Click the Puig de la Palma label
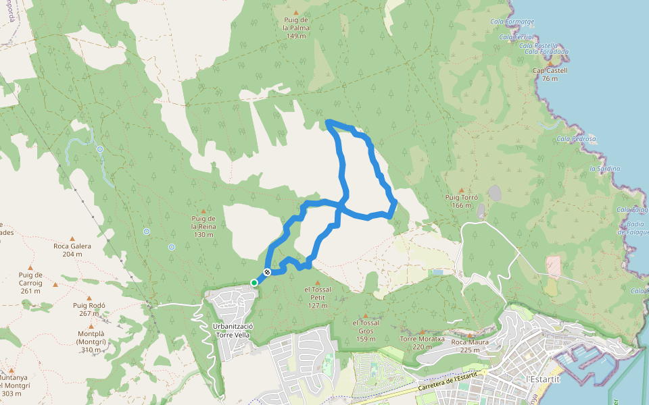(x=296, y=28)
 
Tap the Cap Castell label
(x=550, y=74)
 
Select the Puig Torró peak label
(x=462, y=201)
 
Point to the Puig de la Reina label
(x=203, y=226)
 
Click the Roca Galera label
(x=72, y=250)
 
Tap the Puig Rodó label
(x=90, y=309)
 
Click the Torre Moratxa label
(x=422, y=343)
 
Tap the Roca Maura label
(x=470, y=346)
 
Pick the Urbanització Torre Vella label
(x=233, y=331)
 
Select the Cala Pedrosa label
(x=576, y=139)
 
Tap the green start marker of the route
(x=254, y=283)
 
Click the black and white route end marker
(x=268, y=272)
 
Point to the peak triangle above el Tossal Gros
(x=366, y=315)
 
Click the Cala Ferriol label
(x=516, y=37)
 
